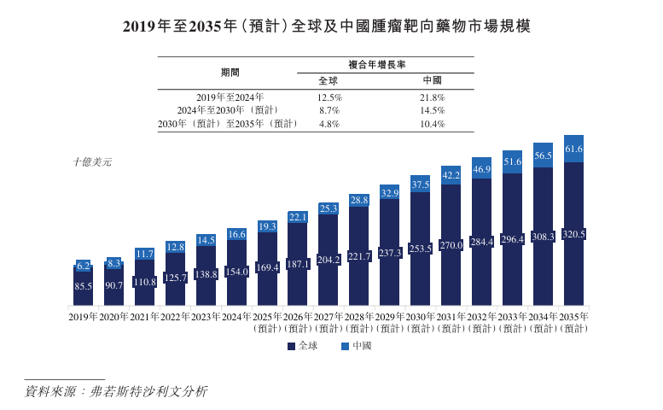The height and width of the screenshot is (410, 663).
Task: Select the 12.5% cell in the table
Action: [329, 97]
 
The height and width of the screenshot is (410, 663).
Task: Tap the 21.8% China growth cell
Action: [433, 97]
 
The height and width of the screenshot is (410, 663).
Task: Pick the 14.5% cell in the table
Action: [433, 110]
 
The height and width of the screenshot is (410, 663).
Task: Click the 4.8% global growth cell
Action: [329, 124]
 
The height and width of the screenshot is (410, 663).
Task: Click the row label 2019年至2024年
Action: [230, 97]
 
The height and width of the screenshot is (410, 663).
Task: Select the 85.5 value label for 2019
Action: [84, 287]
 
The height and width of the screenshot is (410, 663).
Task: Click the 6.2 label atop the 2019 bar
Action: [84, 266]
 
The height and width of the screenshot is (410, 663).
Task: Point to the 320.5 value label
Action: [573, 234]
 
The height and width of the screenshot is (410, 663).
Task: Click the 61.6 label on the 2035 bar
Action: [573, 149]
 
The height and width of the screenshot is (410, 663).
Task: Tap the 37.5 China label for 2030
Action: [420, 184]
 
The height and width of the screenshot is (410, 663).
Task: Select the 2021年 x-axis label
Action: [145, 317]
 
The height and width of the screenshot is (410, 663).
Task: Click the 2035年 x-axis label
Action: [573, 317]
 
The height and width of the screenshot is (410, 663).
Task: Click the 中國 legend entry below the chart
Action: [356, 346]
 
